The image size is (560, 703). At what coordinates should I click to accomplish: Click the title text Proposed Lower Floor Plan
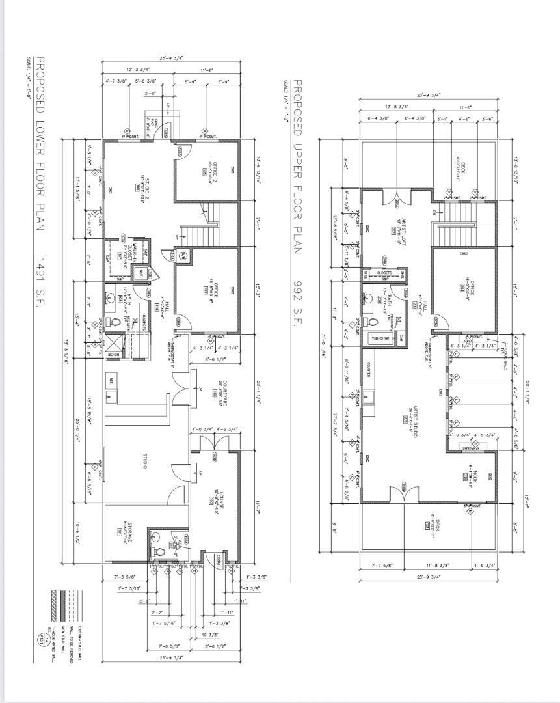click(x=40, y=144)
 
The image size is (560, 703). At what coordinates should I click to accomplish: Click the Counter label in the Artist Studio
click(x=368, y=370)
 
